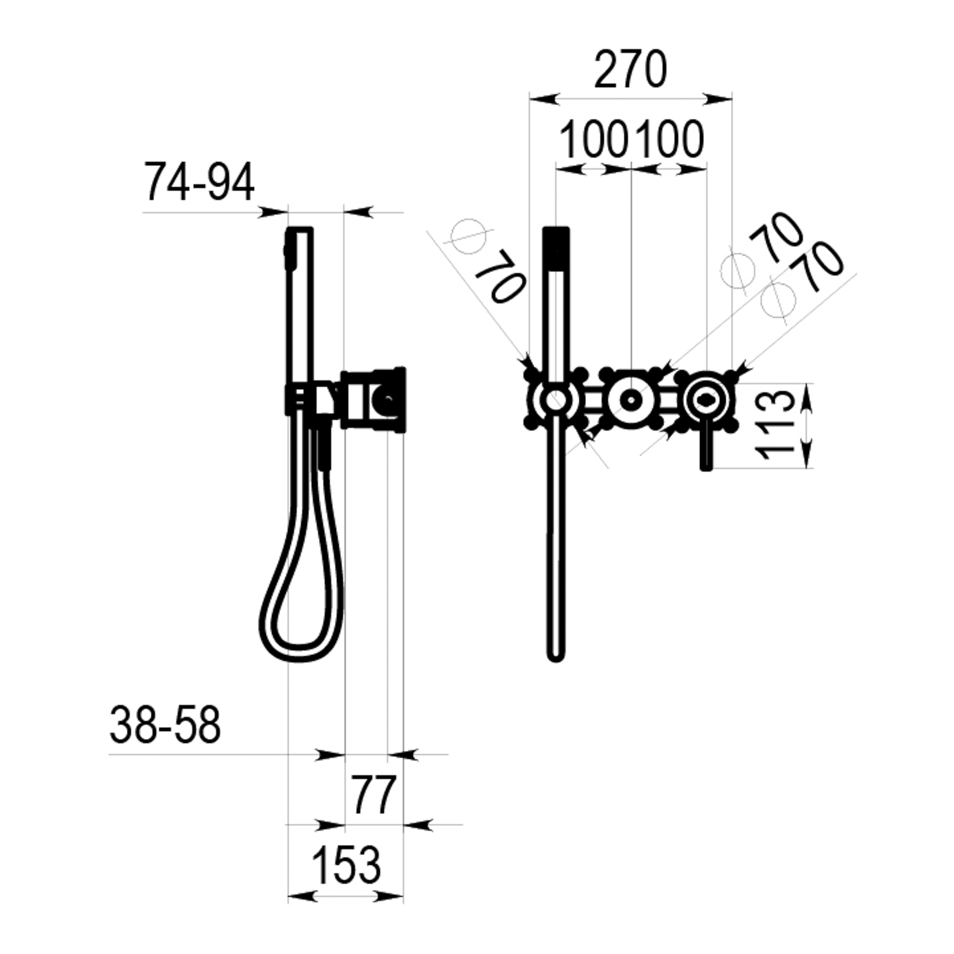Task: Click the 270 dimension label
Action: (x=630, y=70)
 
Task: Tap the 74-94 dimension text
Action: (x=199, y=182)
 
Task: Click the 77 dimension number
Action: (x=374, y=795)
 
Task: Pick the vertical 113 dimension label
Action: (x=775, y=425)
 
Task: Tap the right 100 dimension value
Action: (x=669, y=139)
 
